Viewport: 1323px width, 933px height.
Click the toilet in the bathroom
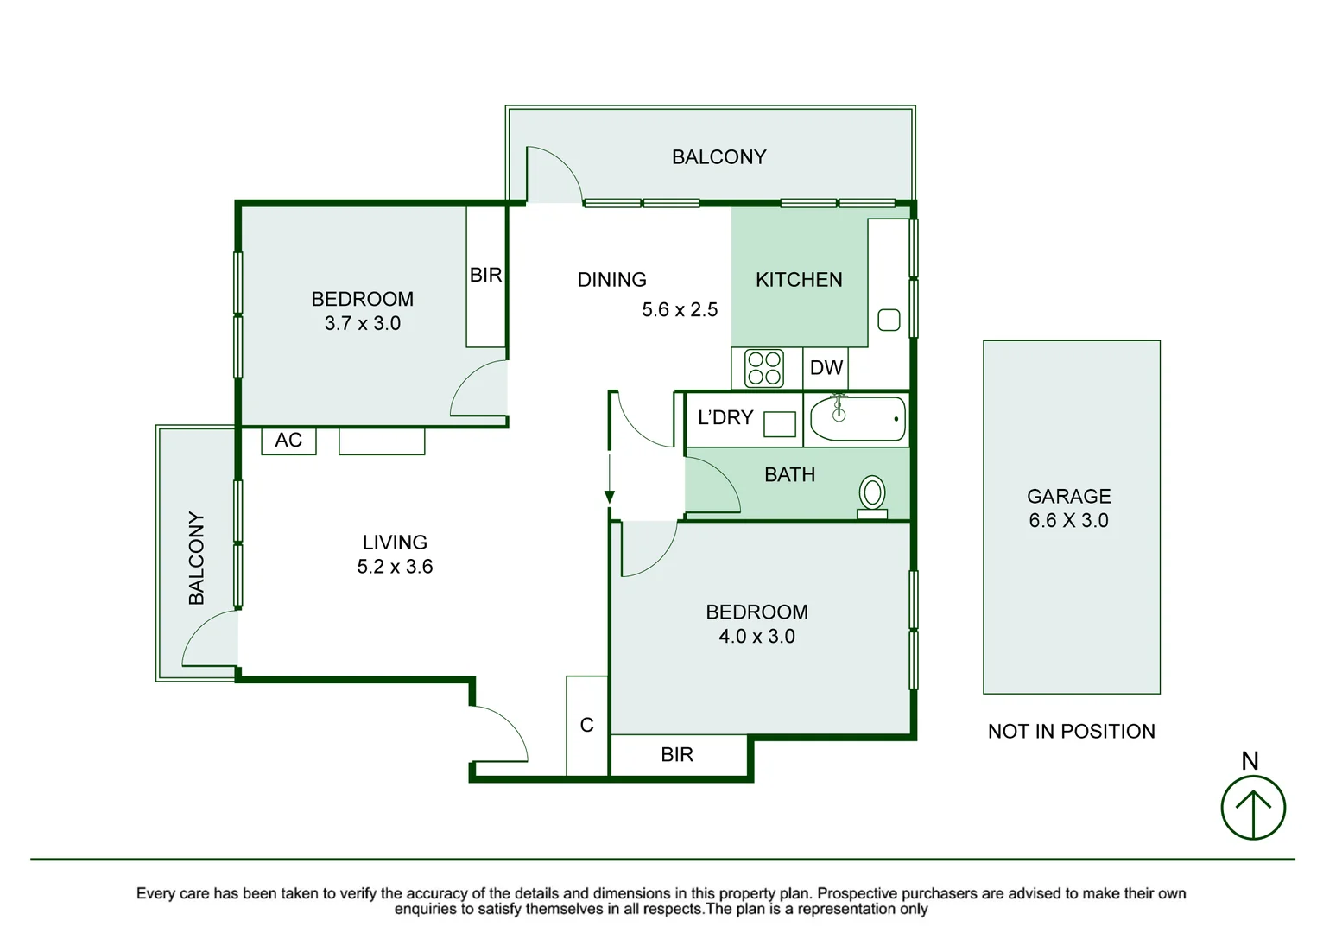pyautogui.click(x=871, y=497)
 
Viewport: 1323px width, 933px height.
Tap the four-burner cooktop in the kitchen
pyautogui.click(x=764, y=368)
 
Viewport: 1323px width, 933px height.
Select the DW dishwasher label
pyautogui.click(x=826, y=368)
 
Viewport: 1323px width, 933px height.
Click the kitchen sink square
pyautogui.click(x=889, y=320)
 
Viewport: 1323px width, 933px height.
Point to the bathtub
pyautogui.click(x=858, y=419)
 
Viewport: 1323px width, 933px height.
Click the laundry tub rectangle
pyautogui.click(x=780, y=424)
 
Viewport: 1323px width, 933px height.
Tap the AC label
pyautogui.click(x=288, y=441)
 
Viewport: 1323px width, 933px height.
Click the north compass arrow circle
pyautogui.click(x=1253, y=808)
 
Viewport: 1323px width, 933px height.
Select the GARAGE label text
pyautogui.click(x=1069, y=497)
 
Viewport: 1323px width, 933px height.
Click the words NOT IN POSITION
pyautogui.click(x=1072, y=732)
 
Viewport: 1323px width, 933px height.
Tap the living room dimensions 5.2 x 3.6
pyautogui.click(x=396, y=567)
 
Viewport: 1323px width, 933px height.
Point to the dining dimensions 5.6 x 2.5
pyautogui.click(x=680, y=309)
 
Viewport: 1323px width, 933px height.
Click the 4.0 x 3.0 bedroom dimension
pyautogui.click(x=756, y=637)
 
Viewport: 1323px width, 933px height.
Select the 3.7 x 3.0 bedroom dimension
pyautogui.click(x=363, y=323)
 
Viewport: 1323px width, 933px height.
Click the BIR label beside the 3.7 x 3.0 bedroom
pyautogui.click(x=485, y=275)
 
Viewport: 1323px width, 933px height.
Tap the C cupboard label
pyautogui.click(x=586, y=725)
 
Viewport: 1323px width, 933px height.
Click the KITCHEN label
pyautogui.click(x=799, y=280)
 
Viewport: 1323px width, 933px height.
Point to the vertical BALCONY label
pyautogui.click(x=197, y=558)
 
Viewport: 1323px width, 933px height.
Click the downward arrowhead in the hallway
pyautogui.click(x=610, y=497)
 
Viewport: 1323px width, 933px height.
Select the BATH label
pyautogui.click(x=789, y=474)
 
